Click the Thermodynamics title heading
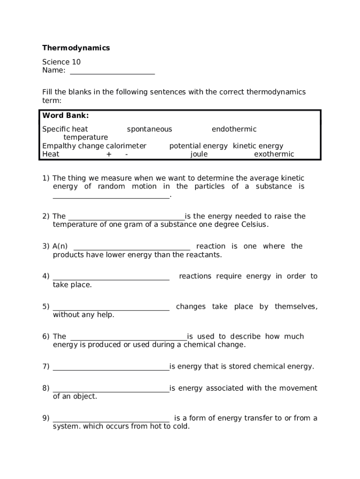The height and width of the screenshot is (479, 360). point(76,48)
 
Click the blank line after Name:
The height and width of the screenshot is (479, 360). point(112,71)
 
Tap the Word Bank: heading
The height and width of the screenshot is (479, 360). point(65,116)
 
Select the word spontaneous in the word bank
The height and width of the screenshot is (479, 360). point(149,129)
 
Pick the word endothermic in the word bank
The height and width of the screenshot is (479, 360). point(234,129)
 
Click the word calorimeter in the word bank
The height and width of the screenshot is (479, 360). point(126,146)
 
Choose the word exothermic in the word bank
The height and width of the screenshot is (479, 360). point(274,154)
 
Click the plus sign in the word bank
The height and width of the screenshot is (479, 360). point(109,154)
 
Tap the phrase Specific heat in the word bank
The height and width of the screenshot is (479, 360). point(65,129)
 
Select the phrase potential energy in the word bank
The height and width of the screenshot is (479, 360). point(198,146)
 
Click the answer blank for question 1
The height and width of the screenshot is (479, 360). point(111,196)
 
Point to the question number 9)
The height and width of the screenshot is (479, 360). point(46,418)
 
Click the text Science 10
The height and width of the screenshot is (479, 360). point(61,62)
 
